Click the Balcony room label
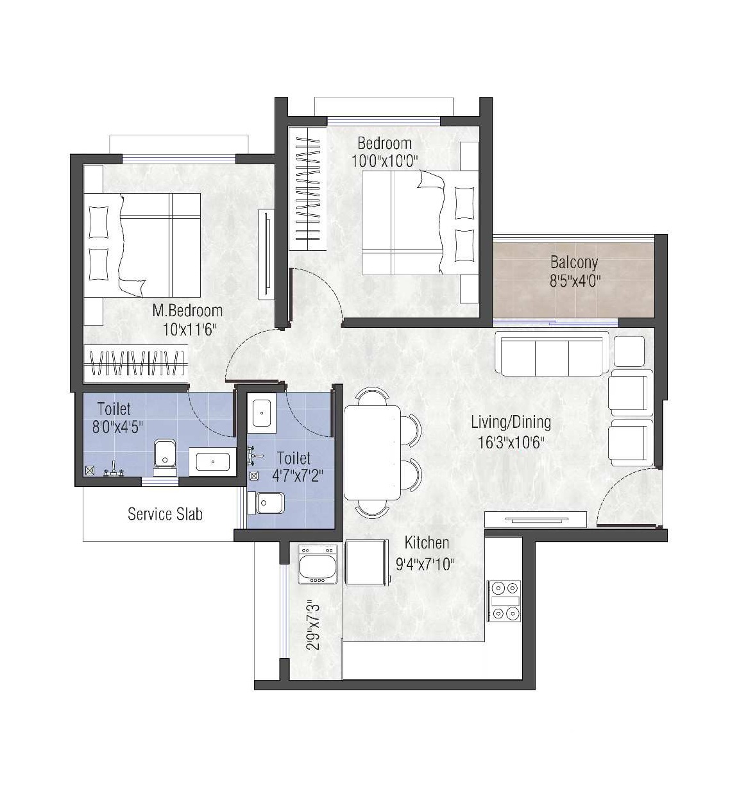pos(574,263)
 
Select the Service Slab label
pos(165,514)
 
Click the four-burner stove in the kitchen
pos(504,600)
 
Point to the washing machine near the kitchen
pos(317,563)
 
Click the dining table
pos(372,452)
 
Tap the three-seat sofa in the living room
pos(552,353)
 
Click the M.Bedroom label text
pos(187,310)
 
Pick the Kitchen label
pos(427,543)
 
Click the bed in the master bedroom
pos(142,245)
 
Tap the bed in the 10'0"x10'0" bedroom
pos(420,223)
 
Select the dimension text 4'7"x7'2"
pos(298,476)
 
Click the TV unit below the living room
pos(536,519)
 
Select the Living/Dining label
pos(511,423)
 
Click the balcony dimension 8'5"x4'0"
pos(575,281)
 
